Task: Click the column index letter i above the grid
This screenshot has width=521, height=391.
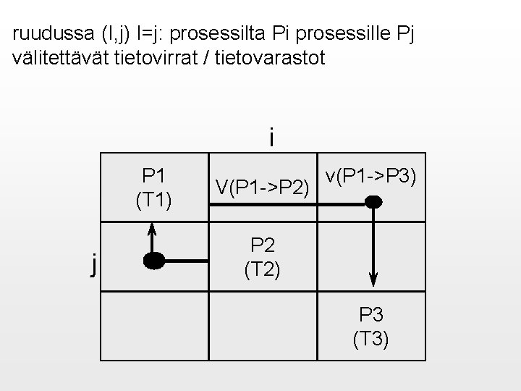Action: click(271, 137)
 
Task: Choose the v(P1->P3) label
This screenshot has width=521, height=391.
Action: click(370, 176)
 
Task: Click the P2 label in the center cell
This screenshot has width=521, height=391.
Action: click(263, 244)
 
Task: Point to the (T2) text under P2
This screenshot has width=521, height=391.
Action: click(263, 269)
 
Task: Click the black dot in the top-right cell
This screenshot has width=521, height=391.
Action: click(373, 203)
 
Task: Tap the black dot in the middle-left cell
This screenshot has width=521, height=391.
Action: click(153, 261)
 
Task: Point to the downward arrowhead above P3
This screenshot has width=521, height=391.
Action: click(373, 278)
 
